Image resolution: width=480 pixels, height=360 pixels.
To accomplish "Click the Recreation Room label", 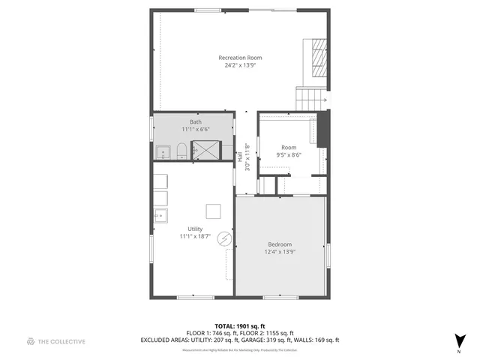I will [x=240, y=58].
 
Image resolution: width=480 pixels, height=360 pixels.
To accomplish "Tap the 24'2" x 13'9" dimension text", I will [x=240, y=65].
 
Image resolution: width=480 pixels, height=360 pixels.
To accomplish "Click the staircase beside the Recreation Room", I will [x=311, y=97].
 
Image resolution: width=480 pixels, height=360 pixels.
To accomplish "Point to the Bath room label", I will [x=195, y=121].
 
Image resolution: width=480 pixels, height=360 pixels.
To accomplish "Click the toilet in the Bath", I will [x=181, y=153].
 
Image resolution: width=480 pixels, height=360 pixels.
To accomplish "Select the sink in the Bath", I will [x=163, y=153].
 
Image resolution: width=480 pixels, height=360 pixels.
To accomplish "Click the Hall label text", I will [x=240, y=158].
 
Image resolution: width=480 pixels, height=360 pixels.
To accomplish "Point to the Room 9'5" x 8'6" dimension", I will [x=289, y=155].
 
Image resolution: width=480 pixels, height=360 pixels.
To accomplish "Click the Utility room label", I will [x=195, y=229].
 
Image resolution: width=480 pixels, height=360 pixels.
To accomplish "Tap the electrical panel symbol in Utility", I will [x=223, y=239].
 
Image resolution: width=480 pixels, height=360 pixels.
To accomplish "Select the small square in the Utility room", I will [x=214, y=211].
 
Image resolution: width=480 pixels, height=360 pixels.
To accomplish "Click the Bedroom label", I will [x=279, y=244].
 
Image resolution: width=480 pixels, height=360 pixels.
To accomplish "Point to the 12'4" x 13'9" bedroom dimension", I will [x=279, y=252].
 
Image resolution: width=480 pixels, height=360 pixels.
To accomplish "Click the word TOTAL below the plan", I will [x=205, y=326].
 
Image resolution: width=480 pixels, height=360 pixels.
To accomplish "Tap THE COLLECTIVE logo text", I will [x=62, y=341].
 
